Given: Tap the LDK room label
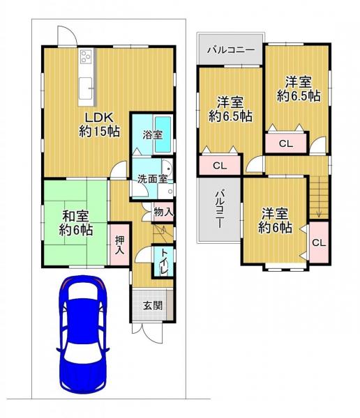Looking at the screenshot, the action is tap(99, 124).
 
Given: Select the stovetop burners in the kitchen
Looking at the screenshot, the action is tap(86, 56).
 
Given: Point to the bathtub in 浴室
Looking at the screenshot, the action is tap(163, 134).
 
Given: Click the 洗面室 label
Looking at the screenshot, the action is tap(153, 179).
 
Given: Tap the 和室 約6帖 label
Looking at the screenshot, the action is tap(76, 223).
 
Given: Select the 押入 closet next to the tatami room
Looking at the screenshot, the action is tap(119, 245).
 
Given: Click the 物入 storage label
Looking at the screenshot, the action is tap(163, 212).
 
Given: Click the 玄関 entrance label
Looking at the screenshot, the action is tap(153, 306).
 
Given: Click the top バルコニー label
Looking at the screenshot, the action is tap(231, 50).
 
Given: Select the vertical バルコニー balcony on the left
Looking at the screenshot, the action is tap(219, 210).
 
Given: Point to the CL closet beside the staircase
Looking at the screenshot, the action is tap(319, 242).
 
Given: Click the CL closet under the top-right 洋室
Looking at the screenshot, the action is tap(286, 144).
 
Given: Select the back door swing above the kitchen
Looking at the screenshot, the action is tap(68, 36).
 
